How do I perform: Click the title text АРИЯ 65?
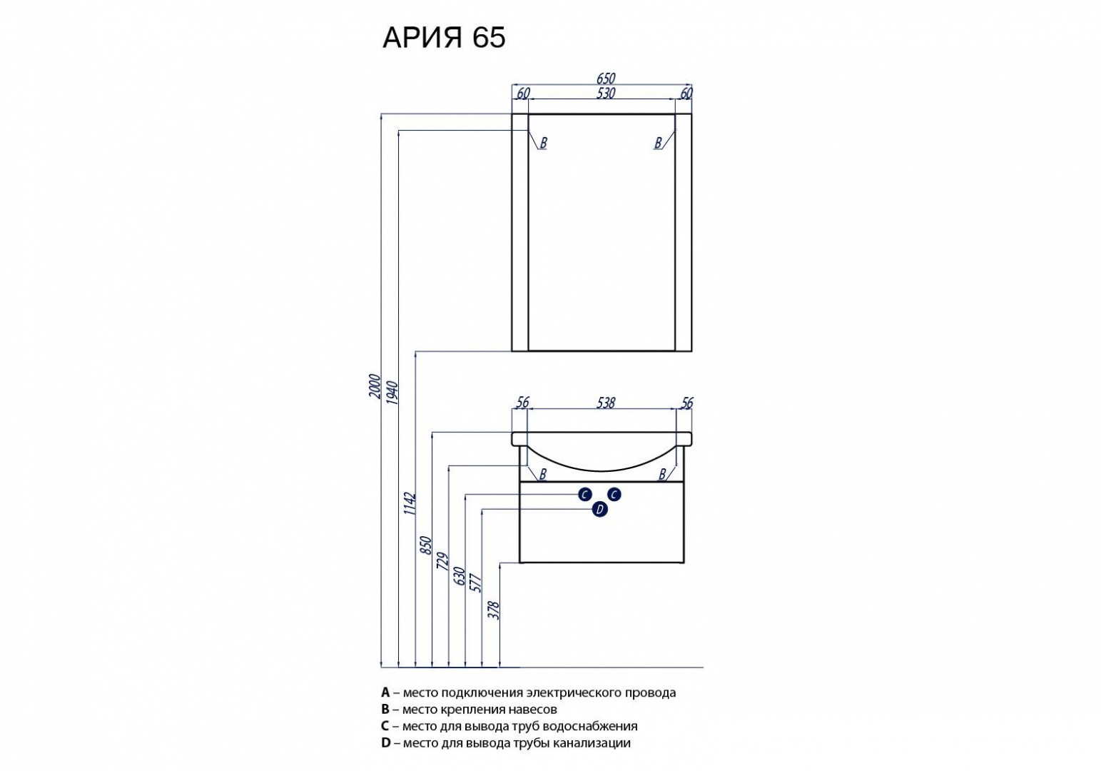pyautogui.click(x=444, y=38)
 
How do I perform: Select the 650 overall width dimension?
pyautogui.click(x=604, y=79)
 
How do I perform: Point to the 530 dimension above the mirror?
pyautogui.click(x=604, y=94)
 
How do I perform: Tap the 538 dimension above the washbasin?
pyautogui.click(x=604, y=403)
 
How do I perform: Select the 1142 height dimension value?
pyautogui.click(x=410, y=503)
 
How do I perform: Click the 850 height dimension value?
pyautogui.click(x=427, y=545)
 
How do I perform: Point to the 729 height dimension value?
pyautogui.click(x=443, y=562)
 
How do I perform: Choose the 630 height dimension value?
pyautogui.click(x=460, y=576)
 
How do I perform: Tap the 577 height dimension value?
pyautogui.click(x=477, y=584)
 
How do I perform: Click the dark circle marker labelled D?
pyautogui.click(x=599, y=509)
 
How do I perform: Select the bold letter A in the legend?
pyautogui.click(x=386, y=692)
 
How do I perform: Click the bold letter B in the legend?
pyautogui.click(x=386, y=710)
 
